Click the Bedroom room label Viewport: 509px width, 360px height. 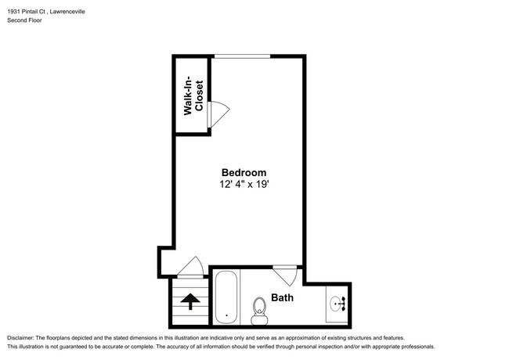point(244,173)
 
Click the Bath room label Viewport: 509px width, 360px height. point(283,297)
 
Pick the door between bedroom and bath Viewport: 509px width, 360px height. point(285,273)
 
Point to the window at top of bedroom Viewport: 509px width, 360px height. point(243,56)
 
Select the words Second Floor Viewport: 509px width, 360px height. point(25,20)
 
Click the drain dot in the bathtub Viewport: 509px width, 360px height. point(226,317)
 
